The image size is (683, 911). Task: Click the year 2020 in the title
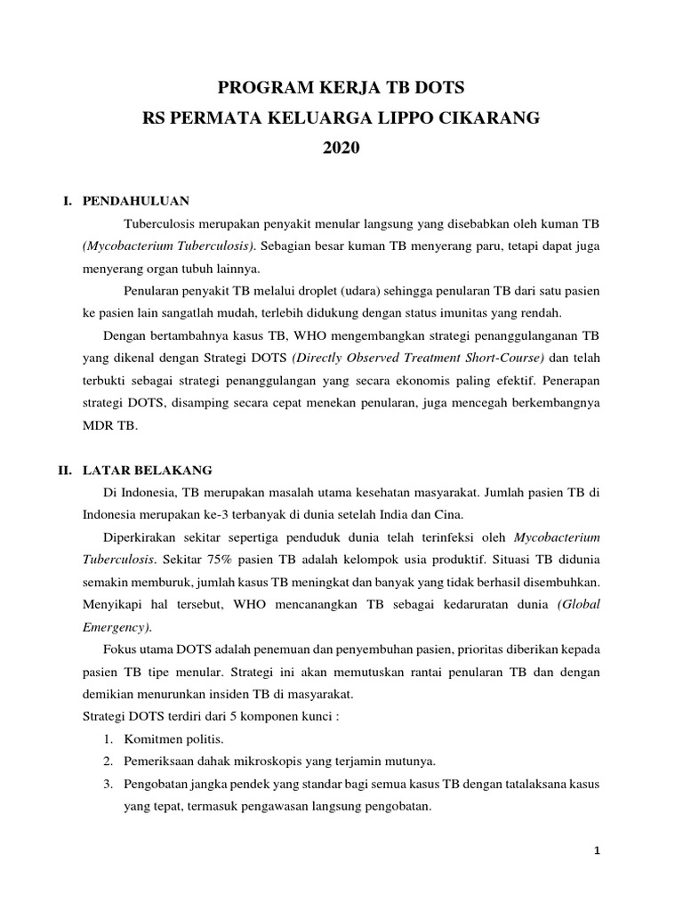[x=341, y=149]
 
